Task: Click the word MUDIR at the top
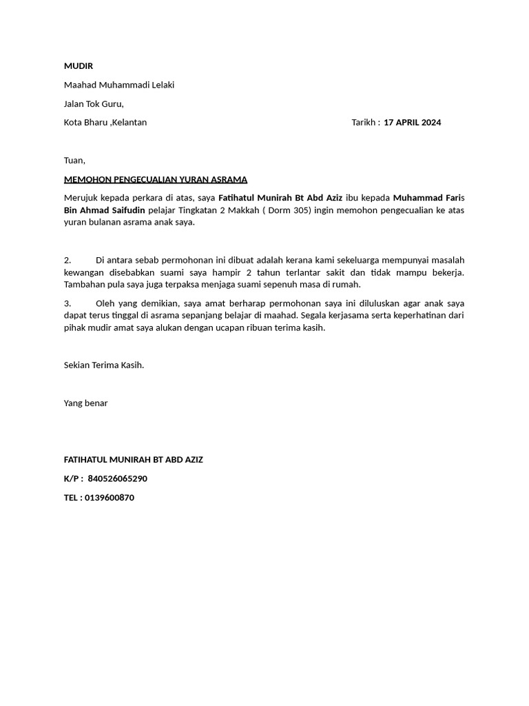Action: click(78, 66)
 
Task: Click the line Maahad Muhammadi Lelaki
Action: click(119, 85)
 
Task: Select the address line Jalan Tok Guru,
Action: click(94, 104)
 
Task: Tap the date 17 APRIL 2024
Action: click(413, 123)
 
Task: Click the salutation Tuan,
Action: click(74, 161)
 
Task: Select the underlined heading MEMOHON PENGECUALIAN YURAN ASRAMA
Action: click(155, 180)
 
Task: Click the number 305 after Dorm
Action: click(298, 210)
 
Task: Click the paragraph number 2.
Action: click(68, 260)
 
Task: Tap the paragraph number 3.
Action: click(68, 303)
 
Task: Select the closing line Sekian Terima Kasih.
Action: click(104, 365)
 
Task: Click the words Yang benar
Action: click(85, 403)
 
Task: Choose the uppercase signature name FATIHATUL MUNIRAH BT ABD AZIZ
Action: click(133, 460)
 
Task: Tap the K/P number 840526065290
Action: click(118, 478)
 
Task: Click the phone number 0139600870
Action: click(110, 498)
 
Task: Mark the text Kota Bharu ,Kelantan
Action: click(105, 123)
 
